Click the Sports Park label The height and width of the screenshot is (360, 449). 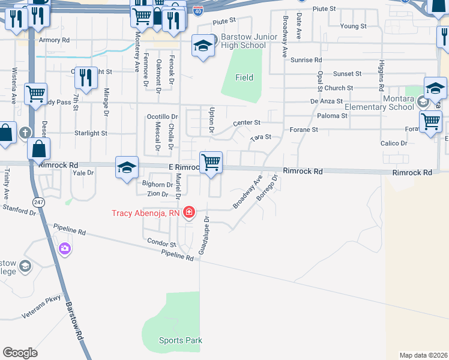click(x=180, y=340)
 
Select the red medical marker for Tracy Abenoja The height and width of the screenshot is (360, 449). click(x=189, y=212)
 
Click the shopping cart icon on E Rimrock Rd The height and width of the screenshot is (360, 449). click(x=211, y=163)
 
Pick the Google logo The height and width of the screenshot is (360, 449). click(x=20, y=353)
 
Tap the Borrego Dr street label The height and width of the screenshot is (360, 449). click(x=268, y=188)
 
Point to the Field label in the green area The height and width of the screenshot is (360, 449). click(x=244, y=77)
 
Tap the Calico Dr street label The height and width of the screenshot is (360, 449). click(x=394, y=143)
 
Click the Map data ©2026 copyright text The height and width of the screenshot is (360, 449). click(x=423, y=355)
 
